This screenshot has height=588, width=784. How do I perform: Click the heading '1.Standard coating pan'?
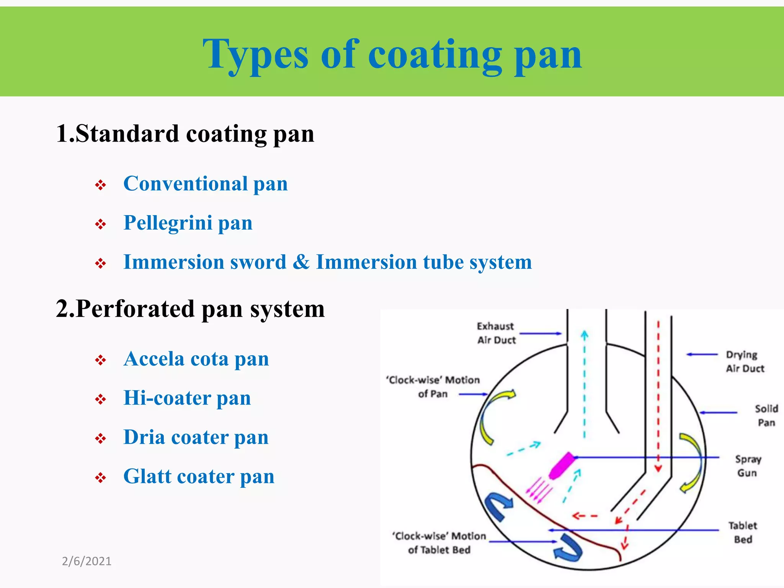pos(185,134)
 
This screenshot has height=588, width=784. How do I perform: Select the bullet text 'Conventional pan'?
pos(205,184)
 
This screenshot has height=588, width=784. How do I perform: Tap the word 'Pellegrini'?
pos(168,223)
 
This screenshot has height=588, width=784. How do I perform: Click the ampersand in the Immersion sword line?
pos(301,262)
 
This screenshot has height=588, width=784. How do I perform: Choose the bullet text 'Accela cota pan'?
pos(196,359)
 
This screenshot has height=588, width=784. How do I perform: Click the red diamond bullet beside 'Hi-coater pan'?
pos(100,400)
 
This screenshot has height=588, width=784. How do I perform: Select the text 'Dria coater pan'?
pos(196,437)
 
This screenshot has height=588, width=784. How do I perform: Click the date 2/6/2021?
pos(87,561)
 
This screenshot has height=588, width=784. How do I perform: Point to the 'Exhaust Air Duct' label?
pos(496,333)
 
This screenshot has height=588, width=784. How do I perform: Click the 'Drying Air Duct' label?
pos(744,361)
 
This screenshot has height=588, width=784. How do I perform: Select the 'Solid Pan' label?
pos(766,415)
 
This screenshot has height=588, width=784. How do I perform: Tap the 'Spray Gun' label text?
pos(748,465)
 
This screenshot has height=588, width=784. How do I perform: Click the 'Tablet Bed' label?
pos(743,532)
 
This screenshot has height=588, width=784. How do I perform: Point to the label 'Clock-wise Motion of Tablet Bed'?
pos(439,543)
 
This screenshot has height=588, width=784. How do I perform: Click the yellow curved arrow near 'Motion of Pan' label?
pos(494,415)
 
